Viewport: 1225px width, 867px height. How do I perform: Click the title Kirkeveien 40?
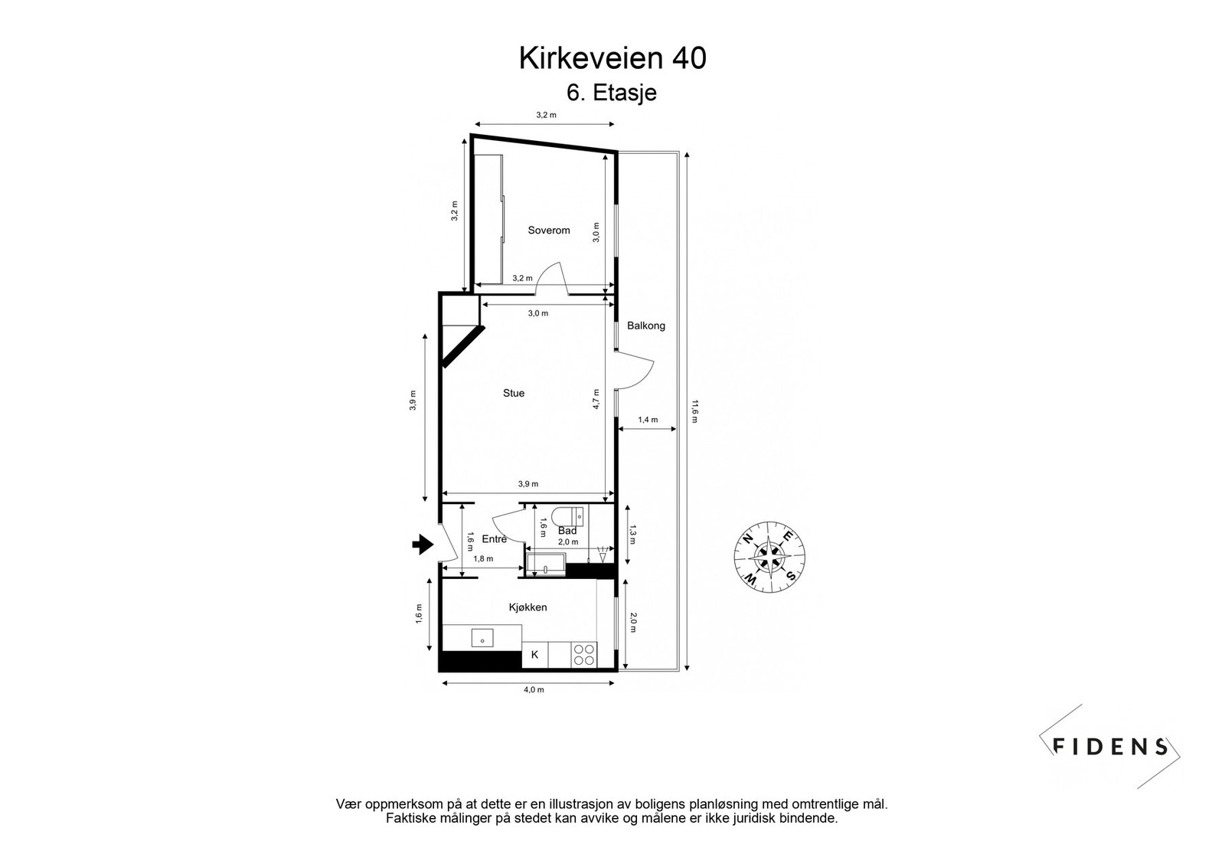click(612, 58)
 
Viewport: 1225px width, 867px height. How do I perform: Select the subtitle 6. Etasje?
click(612, 93)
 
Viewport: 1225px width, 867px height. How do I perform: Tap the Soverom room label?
click(549, 230)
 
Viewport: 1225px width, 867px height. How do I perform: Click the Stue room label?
click(514, 393)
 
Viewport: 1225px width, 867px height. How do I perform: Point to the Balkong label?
click(646, 326)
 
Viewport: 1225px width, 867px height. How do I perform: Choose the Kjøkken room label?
click(528, 607)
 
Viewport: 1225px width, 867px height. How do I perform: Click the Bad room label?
click(567, 531)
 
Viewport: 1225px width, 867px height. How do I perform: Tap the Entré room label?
click(495, 538)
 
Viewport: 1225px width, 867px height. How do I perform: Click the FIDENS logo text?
click(1111, 746)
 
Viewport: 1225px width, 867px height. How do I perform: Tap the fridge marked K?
click(534, 655)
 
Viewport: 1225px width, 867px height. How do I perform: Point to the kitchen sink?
click(482, 637)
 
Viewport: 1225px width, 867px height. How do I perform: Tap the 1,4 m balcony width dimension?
click(648, 419)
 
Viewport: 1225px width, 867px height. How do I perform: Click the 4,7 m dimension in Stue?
click(596, 399)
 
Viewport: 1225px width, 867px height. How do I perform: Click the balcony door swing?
click(635, 371)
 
